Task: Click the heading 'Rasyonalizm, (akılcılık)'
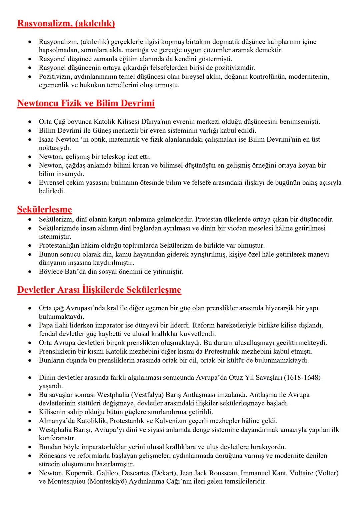point(66,24)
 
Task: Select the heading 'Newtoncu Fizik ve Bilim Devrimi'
point(86,103)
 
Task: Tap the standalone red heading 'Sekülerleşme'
point(44,209)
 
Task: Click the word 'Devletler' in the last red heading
point(36,290)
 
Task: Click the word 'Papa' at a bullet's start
point(46,325)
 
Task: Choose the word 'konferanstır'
point(57,438)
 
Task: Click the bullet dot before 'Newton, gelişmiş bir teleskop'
point(30,157)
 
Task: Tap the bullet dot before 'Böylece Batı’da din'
point(30,272)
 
